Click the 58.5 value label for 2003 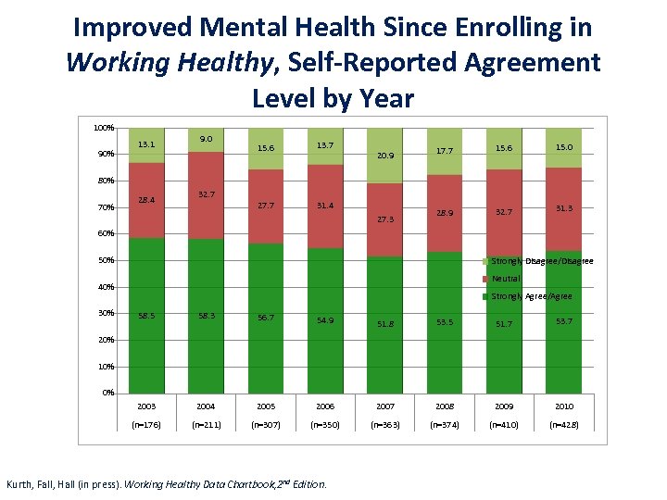(x=145, y=316)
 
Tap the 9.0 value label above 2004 (x=206, y=139)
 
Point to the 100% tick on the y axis (x=104, y=127)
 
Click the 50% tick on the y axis (x=107, y=260)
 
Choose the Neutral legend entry (x=506, y=279)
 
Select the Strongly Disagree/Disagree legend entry (x=542, y=261)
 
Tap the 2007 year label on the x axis (x=384, y=406)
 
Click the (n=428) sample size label (x=564, y=427)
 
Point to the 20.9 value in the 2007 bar (x=384, y=156)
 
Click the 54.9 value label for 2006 (x=325, y=319)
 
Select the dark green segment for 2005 (x=266, y=361)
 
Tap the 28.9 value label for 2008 (x=445, y=213)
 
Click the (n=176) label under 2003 (x=145, y=427)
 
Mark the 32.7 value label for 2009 (x=505, y=212)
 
